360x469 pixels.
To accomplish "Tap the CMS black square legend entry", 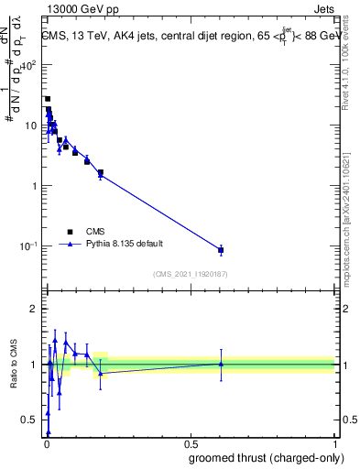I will click(69, 232).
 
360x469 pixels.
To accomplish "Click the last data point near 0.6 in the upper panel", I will click(221, 249).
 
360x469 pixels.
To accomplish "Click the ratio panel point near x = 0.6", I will click(221, 364).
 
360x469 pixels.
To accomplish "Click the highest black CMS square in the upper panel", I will click(48, 99).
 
